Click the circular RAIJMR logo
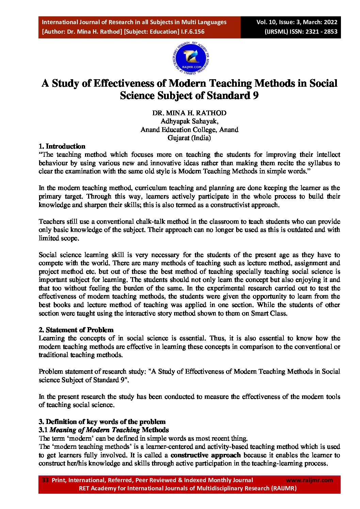191,59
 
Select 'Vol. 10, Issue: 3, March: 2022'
297,22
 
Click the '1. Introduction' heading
62,147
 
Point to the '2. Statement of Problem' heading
76,330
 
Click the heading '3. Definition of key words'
102,422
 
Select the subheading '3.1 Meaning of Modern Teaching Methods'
104,430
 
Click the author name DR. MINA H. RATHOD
189,113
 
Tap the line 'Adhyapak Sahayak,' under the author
189,121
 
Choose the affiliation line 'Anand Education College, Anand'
189,130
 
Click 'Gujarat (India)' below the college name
189,138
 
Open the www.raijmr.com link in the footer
309,480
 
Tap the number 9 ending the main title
256,96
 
